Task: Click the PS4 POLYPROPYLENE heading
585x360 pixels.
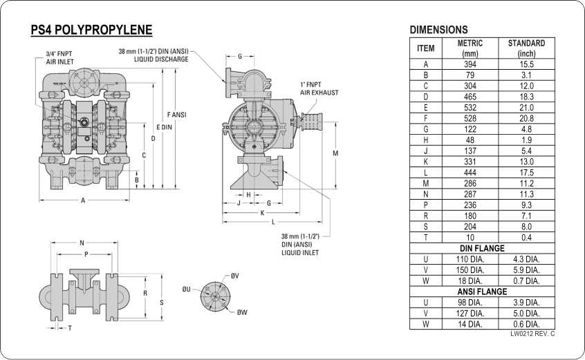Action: tap(91, 30)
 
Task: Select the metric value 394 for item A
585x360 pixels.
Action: tap(470, 64)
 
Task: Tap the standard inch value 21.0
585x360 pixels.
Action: tap(526, 108)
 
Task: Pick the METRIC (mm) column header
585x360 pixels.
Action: tap(470, 48)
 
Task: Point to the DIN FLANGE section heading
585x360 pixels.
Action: tap(482, 248)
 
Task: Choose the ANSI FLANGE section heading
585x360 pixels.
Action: tap(482, 292)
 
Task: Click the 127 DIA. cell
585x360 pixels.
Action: tap(470, 314)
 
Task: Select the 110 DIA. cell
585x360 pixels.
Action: tap(470, 259)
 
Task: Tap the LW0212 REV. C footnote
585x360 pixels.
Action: tap(532, 334)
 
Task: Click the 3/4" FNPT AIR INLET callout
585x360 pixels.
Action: tap(59, 58)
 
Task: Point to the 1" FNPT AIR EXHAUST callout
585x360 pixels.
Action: tap(319, 88)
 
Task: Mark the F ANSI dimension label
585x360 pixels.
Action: tap(176, 115)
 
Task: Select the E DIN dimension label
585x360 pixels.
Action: tap(164, 127)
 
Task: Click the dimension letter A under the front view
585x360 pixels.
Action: tap(83, 200)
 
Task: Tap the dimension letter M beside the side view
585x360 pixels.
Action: tap(335, 153)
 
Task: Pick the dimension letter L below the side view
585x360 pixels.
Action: tap(273, 222)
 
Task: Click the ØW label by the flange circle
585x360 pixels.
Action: tap(242, 312)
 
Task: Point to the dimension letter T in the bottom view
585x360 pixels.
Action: tap(70, 328)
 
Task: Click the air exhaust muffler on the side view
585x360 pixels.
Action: tap(310, 122)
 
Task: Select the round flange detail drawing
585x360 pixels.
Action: tap(215, 296)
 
